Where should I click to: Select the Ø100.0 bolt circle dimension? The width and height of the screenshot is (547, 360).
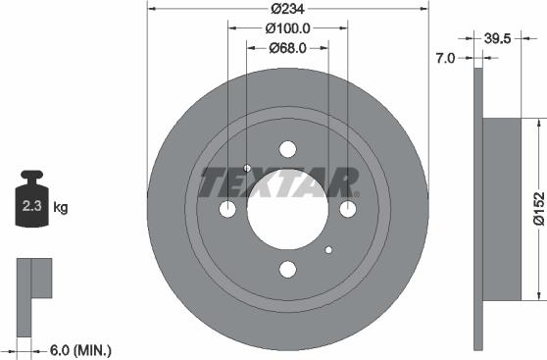(x=287, y=28)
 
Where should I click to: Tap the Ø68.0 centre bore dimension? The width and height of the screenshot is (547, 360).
(x=287, y=46)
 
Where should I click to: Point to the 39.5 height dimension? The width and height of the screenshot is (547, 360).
(x=501, y=40)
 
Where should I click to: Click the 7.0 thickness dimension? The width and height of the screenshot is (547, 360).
(x=444, y=58)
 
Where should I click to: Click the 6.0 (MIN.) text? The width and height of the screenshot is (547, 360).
(x=80, y=349)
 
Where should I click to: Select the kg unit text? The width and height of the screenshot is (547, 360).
(x=61, y=208)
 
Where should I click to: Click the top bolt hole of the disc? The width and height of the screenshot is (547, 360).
(x=287, y=149)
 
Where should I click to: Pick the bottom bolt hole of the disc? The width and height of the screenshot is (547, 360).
(x=287, y=270)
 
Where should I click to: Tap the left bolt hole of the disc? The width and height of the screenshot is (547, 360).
(x=227, y=210)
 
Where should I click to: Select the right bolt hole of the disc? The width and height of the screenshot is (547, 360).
(x=348, y=210)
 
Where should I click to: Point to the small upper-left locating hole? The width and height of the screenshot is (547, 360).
(x=247, y=168)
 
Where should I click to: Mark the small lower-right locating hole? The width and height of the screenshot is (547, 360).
(x=328, y=251)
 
